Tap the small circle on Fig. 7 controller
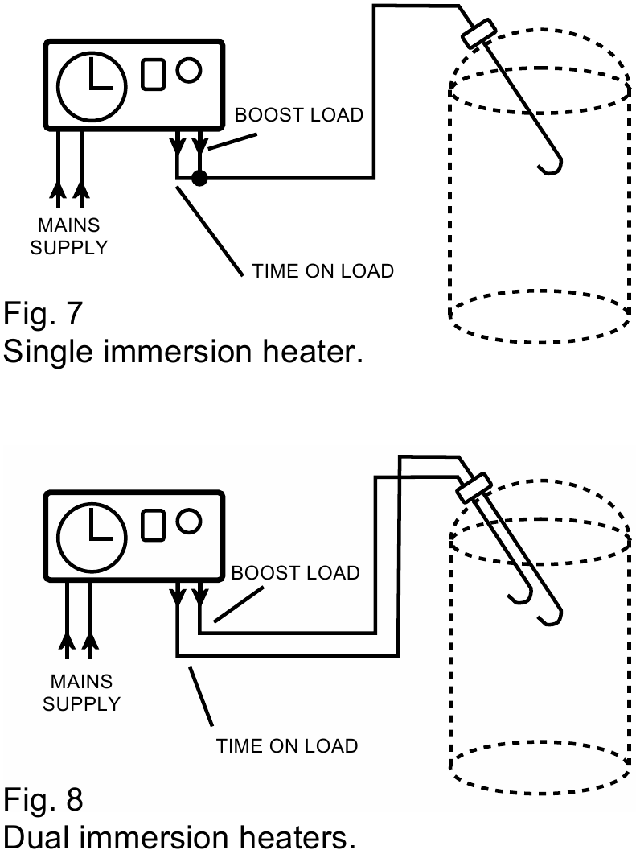[188, 70]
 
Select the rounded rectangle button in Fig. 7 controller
[153, 75]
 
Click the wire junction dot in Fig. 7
[200, 177]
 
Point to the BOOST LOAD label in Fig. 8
[295, 573]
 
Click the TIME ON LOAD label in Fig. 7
[323, 271]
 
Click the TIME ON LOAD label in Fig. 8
[287, 746]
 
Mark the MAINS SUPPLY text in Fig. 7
[68, 237]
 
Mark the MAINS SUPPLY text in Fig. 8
[80, 692]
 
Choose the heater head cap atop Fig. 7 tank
[480, 34]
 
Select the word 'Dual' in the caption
[42, 839]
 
